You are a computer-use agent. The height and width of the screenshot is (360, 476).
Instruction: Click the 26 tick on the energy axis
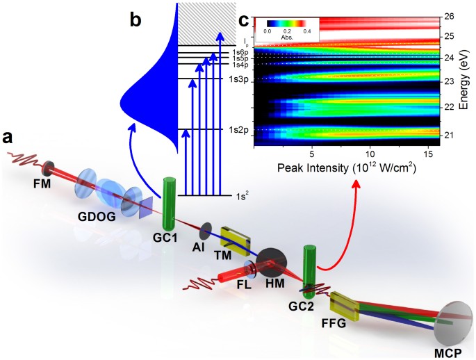click(x=449, y=16)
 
